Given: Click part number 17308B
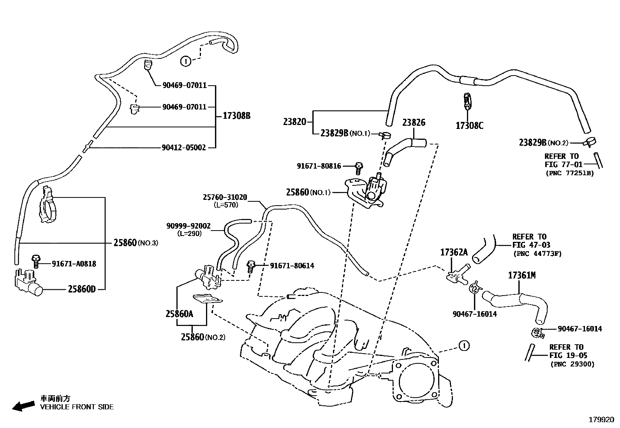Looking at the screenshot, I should [236, 116].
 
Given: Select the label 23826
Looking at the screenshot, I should [414, 123].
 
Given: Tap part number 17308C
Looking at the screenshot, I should [469, 125].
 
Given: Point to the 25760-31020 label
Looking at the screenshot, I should [225, 197].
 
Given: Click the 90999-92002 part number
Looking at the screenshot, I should [188, 226].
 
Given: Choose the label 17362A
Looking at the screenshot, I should [454, 252].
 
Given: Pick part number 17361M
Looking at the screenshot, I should [522, 275].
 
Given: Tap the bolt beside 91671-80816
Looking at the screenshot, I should [358, 168].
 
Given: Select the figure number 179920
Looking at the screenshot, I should [601, 420].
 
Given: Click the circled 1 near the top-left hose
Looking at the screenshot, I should [186, 61].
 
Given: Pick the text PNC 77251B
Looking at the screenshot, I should [570, 173].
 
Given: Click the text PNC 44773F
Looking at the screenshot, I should [537, 254].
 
